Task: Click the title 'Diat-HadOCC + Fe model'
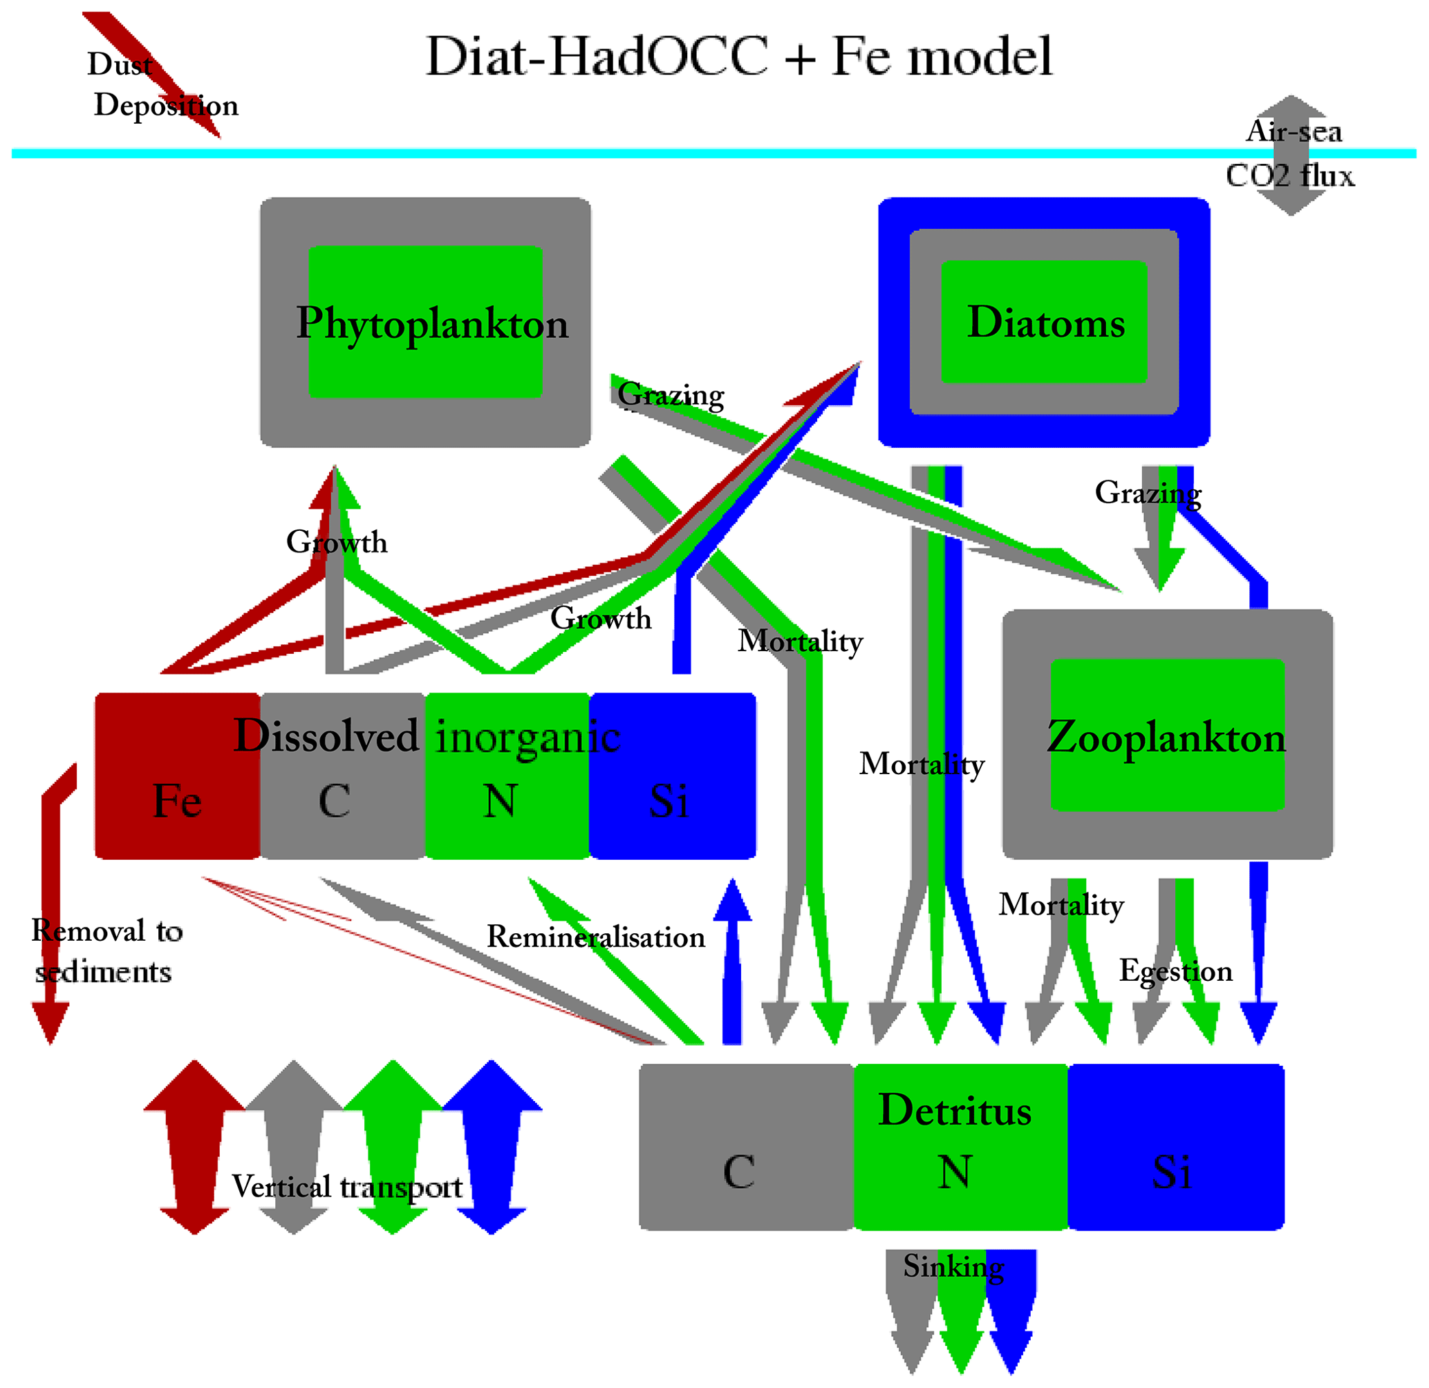point(738,57)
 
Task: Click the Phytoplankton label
point(431,323)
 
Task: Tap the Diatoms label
point(1045,321)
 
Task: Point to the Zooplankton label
point(1166,737)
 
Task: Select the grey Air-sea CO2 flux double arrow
point(1291,156)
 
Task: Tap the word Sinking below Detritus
point(953,1266)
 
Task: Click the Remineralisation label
point(596,937)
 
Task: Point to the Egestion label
point(1175,971)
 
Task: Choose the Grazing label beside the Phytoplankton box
point(671,395)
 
